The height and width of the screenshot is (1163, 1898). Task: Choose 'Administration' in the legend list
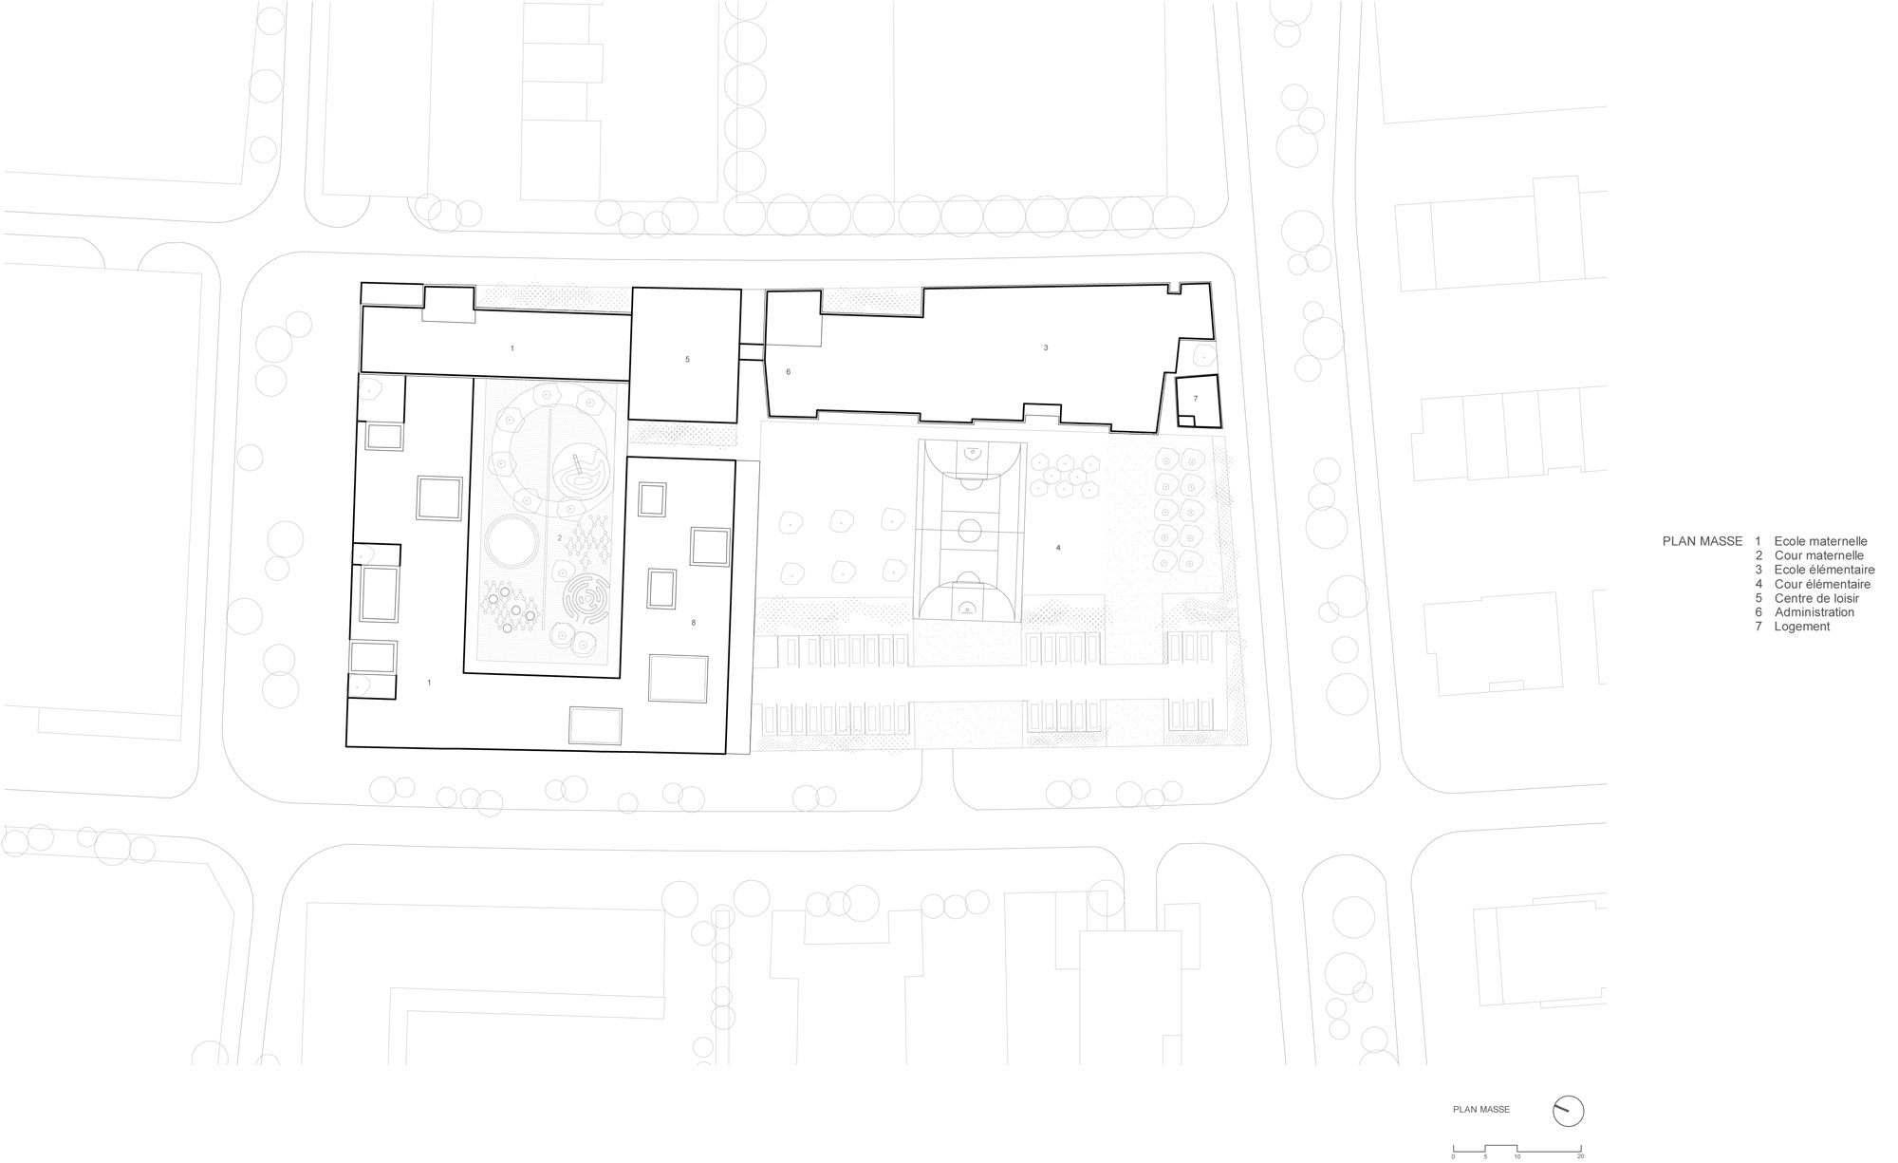1814,612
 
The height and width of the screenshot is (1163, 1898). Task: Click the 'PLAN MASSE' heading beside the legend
1702,541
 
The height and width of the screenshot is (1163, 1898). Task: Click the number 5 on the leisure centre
687,360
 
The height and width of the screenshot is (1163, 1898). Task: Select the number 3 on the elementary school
1046,348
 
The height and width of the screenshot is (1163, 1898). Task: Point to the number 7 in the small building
1196,399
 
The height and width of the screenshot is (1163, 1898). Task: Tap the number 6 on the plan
788,373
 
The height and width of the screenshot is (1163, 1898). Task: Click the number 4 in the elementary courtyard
1058,548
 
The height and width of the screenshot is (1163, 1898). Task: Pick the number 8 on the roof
694,623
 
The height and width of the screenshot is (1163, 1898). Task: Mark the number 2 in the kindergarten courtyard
560,538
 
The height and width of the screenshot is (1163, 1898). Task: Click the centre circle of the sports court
969,530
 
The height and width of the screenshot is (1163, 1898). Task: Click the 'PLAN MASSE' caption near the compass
1480,1109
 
